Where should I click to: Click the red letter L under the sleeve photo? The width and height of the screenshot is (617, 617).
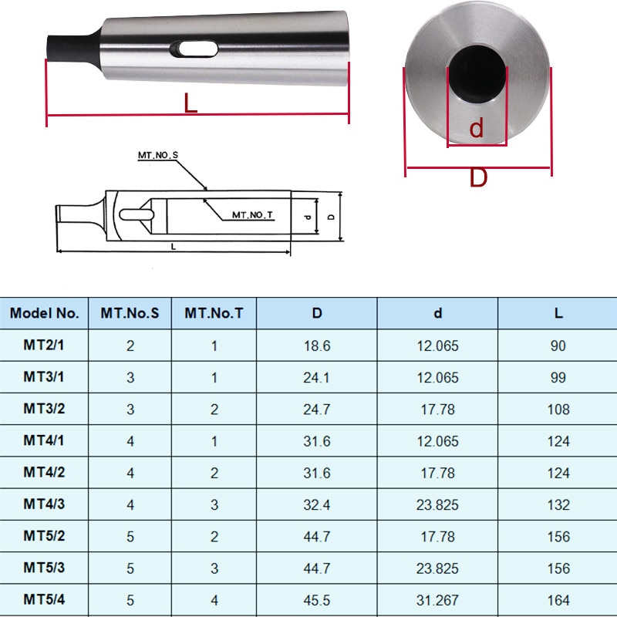coord(190,103)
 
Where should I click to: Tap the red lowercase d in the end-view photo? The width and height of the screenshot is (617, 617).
coord(477,128)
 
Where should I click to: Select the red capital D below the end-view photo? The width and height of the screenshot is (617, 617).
coord(479,178)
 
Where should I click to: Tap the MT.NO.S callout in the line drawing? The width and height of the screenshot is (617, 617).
coord(157,156)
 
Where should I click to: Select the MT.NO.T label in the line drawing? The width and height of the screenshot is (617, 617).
coord(253,215)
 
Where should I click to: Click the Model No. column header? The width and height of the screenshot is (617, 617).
coord(45,313)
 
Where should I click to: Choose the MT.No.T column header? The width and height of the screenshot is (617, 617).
coord(214,313)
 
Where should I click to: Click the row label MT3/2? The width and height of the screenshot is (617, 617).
coord(44,409)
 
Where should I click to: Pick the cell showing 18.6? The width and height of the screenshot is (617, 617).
coord(317,346)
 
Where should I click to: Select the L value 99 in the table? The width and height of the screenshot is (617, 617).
coord(558,377)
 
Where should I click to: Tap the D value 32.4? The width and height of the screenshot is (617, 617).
coord(317,504)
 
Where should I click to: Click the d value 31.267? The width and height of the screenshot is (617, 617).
coord(437,599)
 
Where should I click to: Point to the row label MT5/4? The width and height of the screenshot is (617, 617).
coord(44,599)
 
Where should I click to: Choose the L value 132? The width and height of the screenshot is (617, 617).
coord(558,504)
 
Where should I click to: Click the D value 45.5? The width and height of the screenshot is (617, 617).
coord(317,599)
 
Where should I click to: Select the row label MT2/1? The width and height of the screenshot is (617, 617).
coord(44,346)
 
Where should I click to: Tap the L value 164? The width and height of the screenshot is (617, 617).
coord(558,599)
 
